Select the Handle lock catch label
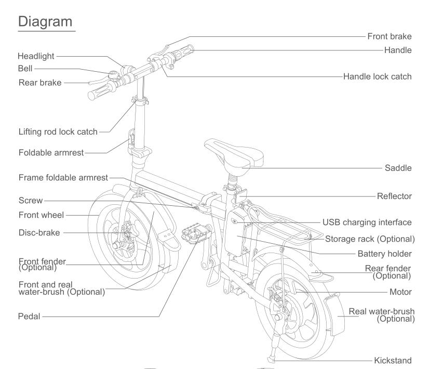click(x=378, y=76)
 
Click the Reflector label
click(x=394, y=196)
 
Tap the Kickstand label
click(x=393, y=360)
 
